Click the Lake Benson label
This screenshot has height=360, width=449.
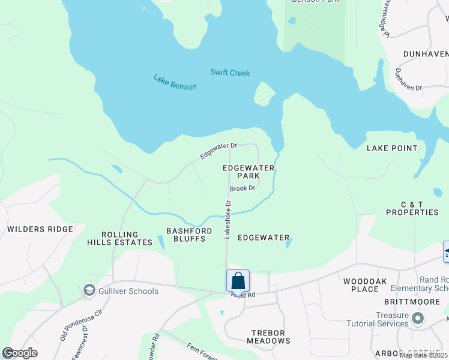coord(175,82)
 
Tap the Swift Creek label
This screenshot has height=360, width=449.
coord(230,73)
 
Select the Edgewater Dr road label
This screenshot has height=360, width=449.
coord(219,151)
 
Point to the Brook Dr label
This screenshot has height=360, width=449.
coord(243,188)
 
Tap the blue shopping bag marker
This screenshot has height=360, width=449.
coord(238,281)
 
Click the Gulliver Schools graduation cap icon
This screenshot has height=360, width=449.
coord(89,291)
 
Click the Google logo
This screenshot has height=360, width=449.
coord(20,353)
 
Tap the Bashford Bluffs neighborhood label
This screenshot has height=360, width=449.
coord(186,235)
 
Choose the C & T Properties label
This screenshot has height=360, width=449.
coord(412,208)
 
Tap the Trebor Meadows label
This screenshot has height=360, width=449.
coord(268,337)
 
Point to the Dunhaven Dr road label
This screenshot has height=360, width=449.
coord(408,79)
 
